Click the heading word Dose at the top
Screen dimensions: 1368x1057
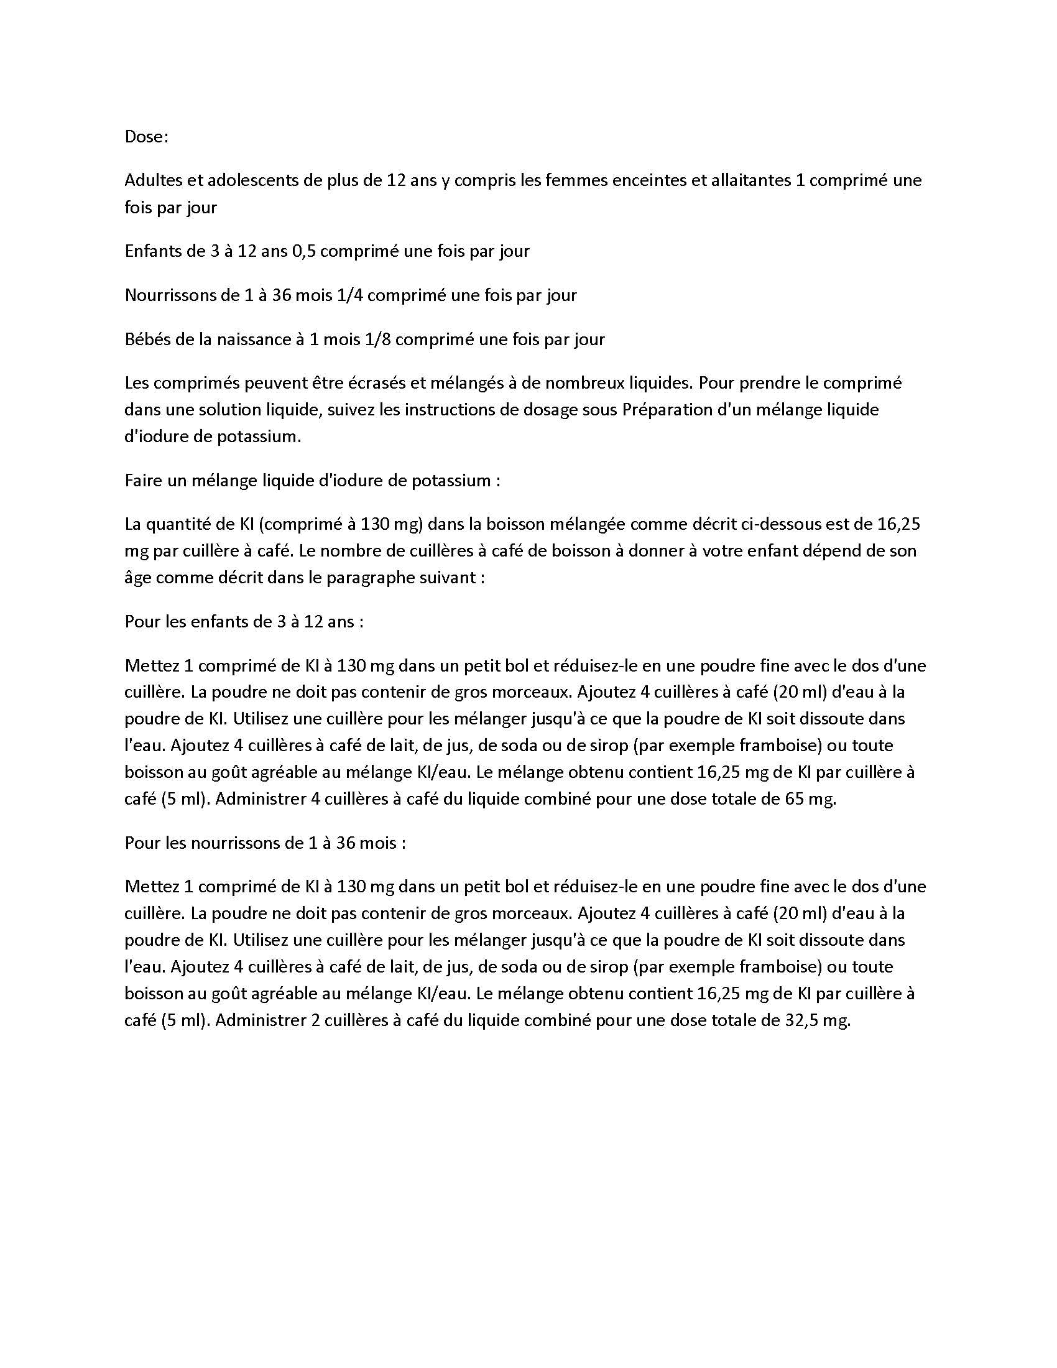(146, 137)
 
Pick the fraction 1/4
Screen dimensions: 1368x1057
(351, 295)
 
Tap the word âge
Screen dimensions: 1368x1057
(138, 578)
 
